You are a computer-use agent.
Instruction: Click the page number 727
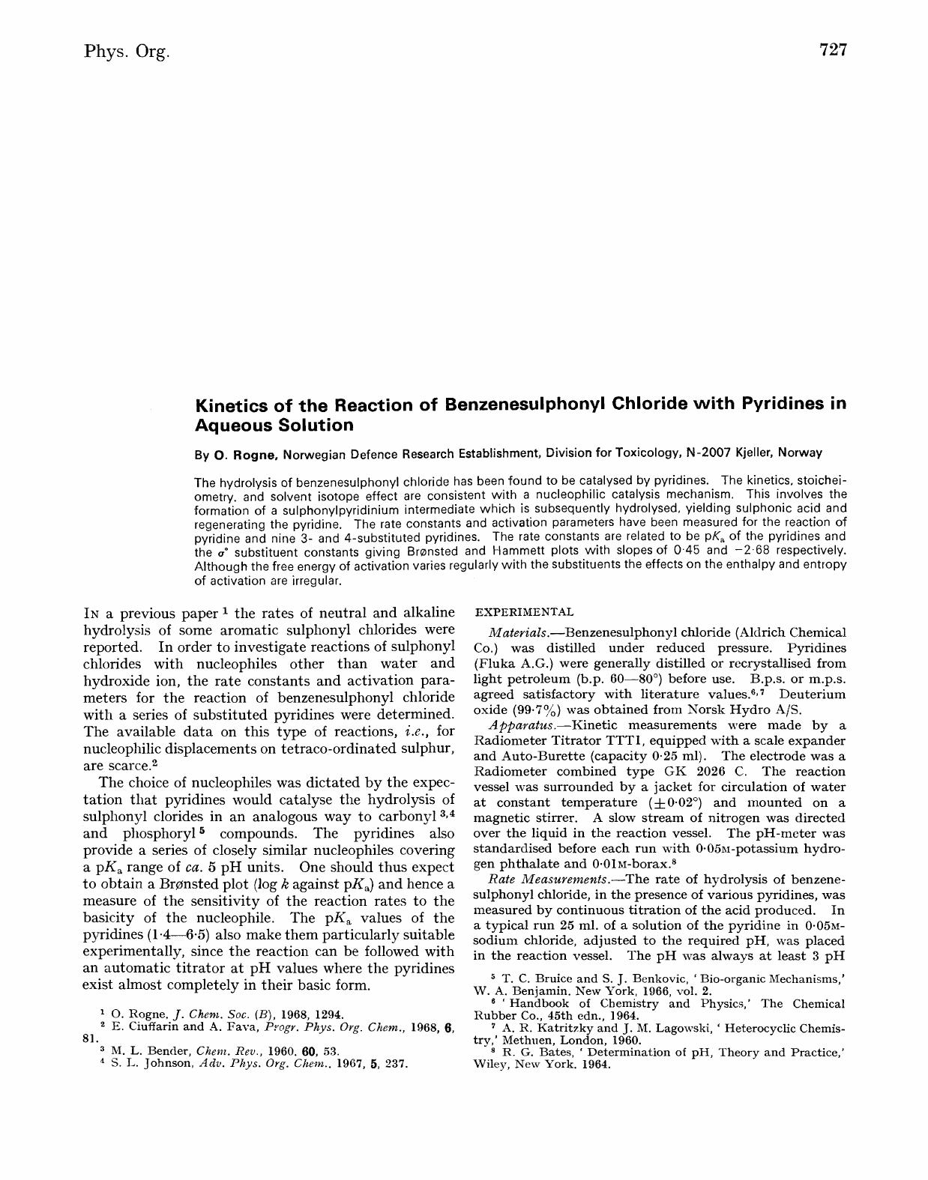(x=833, y=50)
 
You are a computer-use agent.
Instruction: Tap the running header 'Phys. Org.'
(x=127, y=52)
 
